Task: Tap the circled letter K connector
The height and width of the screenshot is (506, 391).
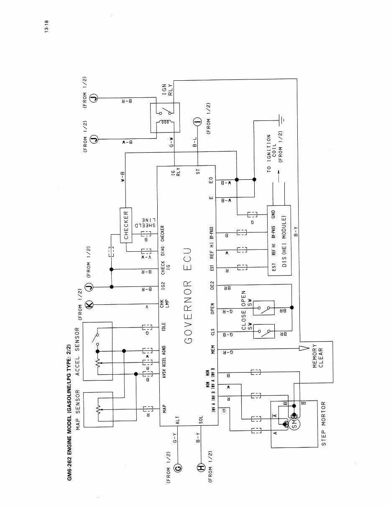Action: (89, 304)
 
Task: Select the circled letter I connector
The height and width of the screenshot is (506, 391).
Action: (197, 123)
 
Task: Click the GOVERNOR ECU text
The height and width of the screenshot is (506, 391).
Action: (188, 295)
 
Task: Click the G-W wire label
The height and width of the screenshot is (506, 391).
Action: (172, 143)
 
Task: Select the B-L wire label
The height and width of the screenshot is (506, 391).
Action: (195, 143)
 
